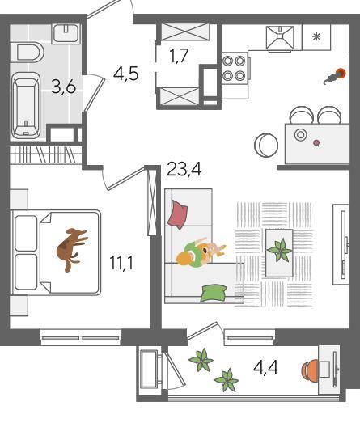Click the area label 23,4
pyautogui.click(x=184, y=170)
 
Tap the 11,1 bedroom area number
pyautogui.click(x=121, y=263)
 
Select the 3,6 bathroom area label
pyautogui.click(x=64, y=87)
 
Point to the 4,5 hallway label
pyautogui.click(x=125, y=74)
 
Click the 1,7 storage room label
pyautogui.click(x=179, y=56)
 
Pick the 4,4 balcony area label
pyautogui.click(x=266, y=368)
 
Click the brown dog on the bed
pyautogui.click(x=71, y=249)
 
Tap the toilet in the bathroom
pyautogui.click(x=29, y=53)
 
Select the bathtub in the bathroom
pyautogui.click(x=26, y=106)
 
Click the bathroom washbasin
pyautogui.click(x=66, y=34)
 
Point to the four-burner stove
pyautogui.click(x=235, y=68)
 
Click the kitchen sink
pyautogui.click(x=280, y=38)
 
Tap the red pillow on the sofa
pyautogui.click(x=178, y=214)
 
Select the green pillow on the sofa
pyautogui.click(x=214, y=293)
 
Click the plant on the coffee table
pyautogui.click(x=280, y=251)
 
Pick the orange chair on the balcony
pyautogui.click(x=310, y=370)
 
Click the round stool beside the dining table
pyautogui.click(x=266, y=145)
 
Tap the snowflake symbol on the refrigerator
pyautogui.click(x=316, y=37)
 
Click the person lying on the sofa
pyautogui.click(x=201, y=253)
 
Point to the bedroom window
pyautogui.click(x=81, y=337)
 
